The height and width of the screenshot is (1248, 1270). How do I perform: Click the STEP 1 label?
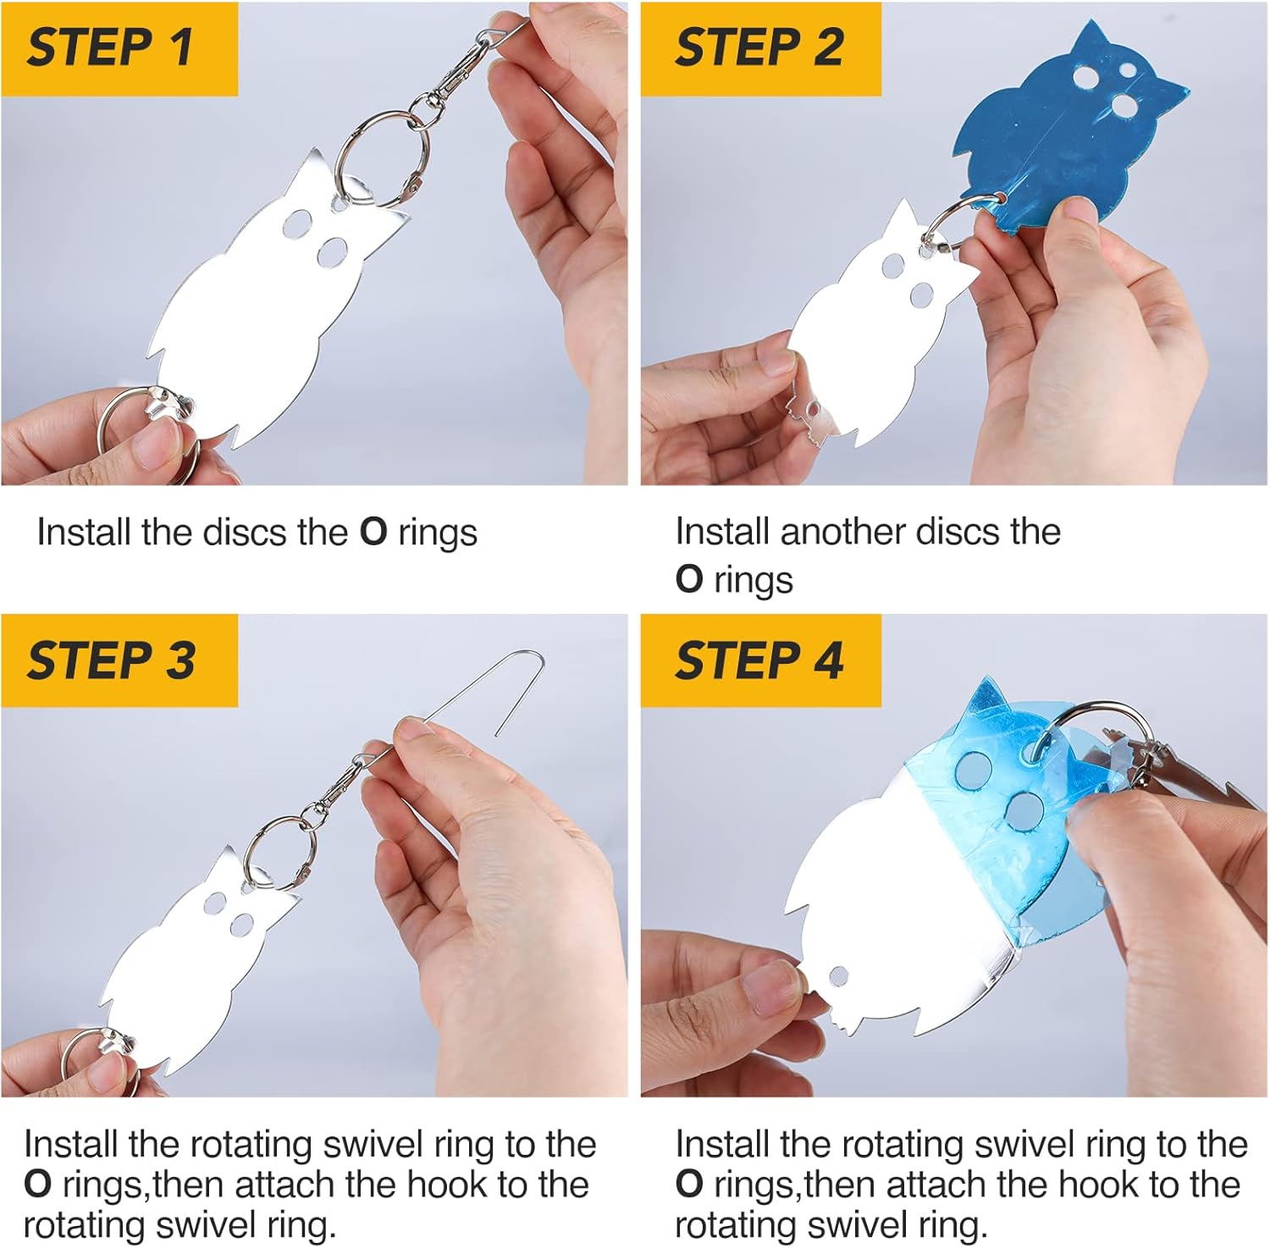[110, 47]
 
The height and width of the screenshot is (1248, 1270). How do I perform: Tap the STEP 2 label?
[759, 47]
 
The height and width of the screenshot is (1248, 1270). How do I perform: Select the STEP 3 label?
[111, 660]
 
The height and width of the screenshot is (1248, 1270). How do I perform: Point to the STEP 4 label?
[759, 660]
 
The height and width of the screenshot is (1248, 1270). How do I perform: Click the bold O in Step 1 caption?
[373, 533]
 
